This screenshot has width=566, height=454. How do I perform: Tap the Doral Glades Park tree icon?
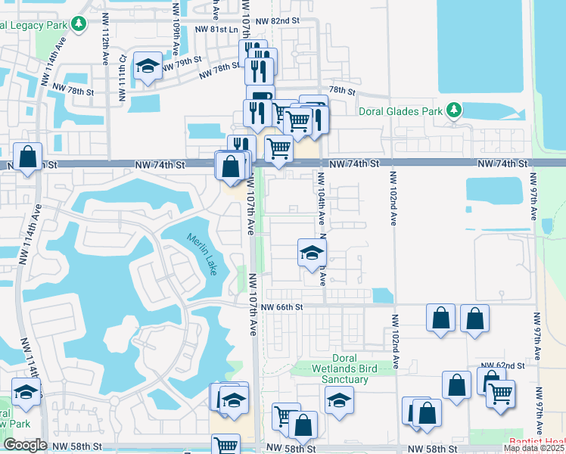point(453,111)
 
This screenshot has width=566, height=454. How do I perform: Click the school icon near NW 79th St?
point(147,67)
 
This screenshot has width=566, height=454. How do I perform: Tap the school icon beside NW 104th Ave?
point(310,253)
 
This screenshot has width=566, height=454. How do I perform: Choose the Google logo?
point(25,445)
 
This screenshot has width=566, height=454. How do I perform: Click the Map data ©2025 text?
point(534,448)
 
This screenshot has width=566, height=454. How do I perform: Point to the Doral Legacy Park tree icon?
point(79,24)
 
